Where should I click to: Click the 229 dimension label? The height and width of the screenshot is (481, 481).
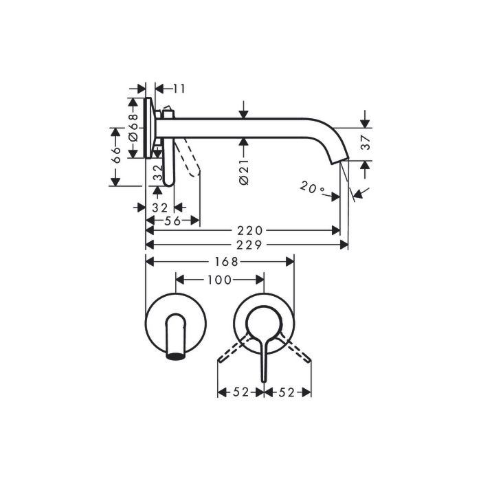pos(249,245)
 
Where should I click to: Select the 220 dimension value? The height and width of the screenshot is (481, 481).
pos(249,230)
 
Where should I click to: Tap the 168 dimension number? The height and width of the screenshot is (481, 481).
pos(226,262)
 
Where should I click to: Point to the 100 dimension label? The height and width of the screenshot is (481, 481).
pos(219,280)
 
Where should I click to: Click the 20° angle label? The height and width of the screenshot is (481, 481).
pos(312,187)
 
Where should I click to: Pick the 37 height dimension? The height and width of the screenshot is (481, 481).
pos(366,142)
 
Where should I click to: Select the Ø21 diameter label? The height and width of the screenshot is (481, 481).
pos(243,172)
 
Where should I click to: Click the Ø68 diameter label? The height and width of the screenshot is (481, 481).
pos(133,128)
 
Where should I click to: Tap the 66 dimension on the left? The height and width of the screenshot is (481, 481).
pos(116,155)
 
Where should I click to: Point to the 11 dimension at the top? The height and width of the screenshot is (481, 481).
pos(179,89)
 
